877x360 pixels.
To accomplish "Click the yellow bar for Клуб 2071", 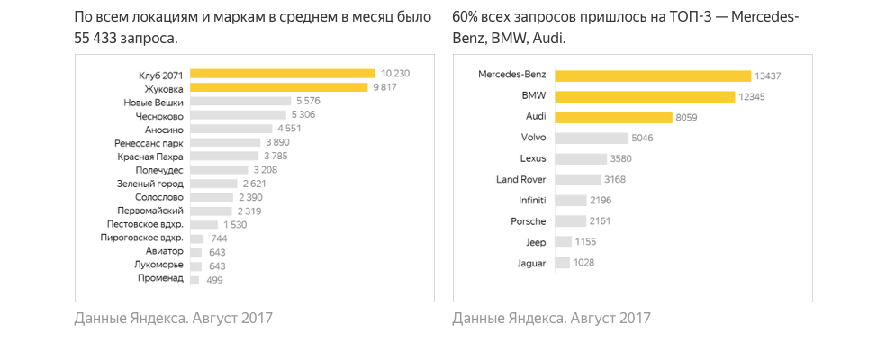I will click(282, 74).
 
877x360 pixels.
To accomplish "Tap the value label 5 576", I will click(308, 102).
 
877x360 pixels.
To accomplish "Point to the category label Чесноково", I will click(159, 115).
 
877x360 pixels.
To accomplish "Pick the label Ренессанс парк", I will click(149, 143).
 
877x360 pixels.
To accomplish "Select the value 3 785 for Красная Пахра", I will click(276, 156).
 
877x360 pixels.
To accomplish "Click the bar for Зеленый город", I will click(213, 183).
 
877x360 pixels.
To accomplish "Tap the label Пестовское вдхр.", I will click(145, 223).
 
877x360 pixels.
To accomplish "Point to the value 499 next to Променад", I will click(214, 280).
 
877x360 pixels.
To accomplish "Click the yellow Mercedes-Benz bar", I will click(653, 76).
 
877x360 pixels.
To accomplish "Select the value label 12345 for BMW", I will click(751, 96).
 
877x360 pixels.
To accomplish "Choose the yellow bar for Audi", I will click(613, 117).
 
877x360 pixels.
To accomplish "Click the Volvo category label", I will click(533, 138).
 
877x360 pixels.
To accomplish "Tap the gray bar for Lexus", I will click(580, 158).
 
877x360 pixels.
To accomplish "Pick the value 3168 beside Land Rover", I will click(615, 180).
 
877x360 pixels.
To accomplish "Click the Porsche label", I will click(529, 220).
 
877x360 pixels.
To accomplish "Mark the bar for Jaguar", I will click(562, 262).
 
